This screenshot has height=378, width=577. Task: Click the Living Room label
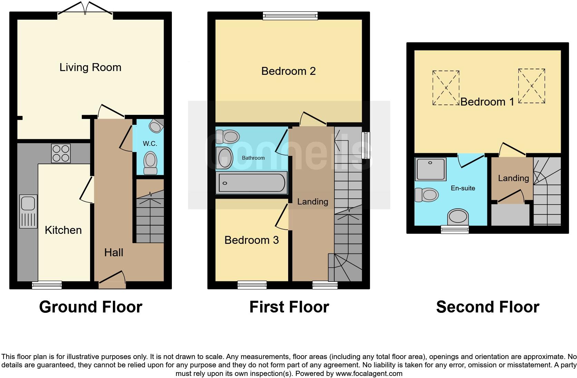click(x=90, y=67)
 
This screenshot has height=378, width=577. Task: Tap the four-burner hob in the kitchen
click(x=61, y=153)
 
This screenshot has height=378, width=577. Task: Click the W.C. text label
click(x=150, y=143)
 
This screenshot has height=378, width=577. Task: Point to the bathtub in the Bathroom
click(x=251, y=183)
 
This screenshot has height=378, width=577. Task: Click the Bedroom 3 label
click(x=252, y=240)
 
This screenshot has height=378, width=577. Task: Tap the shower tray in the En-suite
click(x=431, y=169)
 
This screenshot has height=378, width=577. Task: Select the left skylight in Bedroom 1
click(x=446, y=88)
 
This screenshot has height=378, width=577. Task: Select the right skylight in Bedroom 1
click(x=531, y=86)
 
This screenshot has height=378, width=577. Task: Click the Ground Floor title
click(x=90, y=307)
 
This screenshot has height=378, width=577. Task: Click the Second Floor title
click(x=487, y=307)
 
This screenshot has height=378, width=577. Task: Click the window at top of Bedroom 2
click(x=290, y=15)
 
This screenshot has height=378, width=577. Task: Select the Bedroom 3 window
click(x=252, y=285)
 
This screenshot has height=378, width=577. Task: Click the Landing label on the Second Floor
click(x=513, y=178)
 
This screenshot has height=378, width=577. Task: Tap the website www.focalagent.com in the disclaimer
click(x=369, y=374)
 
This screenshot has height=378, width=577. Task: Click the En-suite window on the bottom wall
click(x=455, y=230)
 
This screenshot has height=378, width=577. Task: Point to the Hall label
click(x=114, y=253)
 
